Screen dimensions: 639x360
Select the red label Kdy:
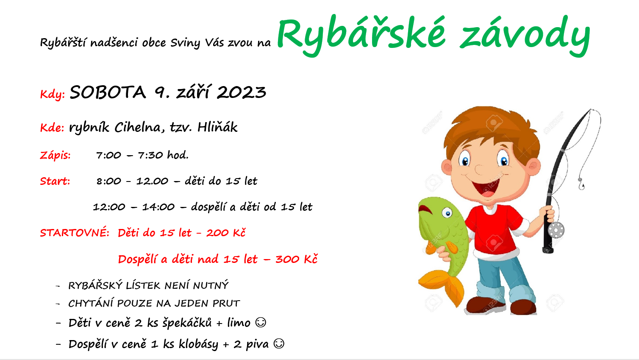point(53,94)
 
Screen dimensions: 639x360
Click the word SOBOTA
point(108,92)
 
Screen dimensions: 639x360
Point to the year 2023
point(242,92)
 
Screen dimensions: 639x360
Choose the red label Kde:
point(52,127)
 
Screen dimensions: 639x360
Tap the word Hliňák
point(217,127)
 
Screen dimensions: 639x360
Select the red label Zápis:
point(56,155)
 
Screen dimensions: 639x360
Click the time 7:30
point(150,155)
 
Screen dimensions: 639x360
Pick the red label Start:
point(55,181)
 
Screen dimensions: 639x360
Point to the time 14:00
point(158,207)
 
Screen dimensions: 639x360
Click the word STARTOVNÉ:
point(75,233)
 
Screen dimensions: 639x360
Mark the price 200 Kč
point(226,233)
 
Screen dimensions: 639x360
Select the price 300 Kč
point(296,259)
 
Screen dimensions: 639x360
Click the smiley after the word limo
point(261,323)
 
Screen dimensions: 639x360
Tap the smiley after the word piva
point(279,344)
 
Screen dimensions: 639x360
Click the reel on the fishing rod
point(556,230)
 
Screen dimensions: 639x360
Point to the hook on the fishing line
point(581,184)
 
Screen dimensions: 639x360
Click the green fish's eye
point(447,213)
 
